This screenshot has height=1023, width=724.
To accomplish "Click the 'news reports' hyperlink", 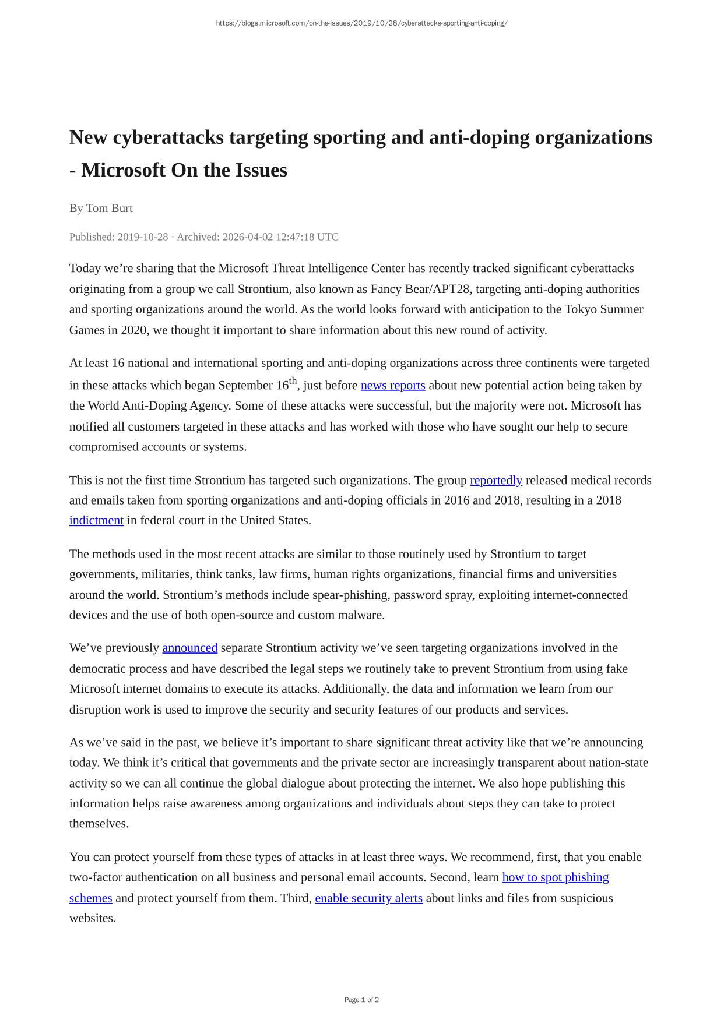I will (x=393, y=386).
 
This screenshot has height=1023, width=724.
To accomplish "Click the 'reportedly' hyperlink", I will (x=495, y=480).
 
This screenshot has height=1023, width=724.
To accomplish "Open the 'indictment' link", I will (x=96, y=520).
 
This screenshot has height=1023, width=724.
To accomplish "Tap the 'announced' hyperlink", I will (x=189, y=648).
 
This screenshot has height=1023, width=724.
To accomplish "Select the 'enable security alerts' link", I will (x=368, y=898).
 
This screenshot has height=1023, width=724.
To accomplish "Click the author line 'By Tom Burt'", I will (x=101, y=208).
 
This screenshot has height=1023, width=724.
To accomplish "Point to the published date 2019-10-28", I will (x=142, y=237).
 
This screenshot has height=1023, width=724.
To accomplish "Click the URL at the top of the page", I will (x=361, y=23).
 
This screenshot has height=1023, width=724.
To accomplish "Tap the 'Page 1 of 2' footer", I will (x=361, y=1000).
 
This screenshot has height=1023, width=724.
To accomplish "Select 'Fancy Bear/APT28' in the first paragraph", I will (x=420, y=289).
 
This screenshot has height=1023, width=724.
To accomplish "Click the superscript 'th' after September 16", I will (x=293, y=381).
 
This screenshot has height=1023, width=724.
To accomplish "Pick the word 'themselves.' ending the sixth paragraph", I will (x=99, y=824).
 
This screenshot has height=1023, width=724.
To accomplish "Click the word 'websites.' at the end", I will (x=93, y=918).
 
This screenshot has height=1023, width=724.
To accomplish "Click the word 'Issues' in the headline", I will (x=261, y=170).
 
